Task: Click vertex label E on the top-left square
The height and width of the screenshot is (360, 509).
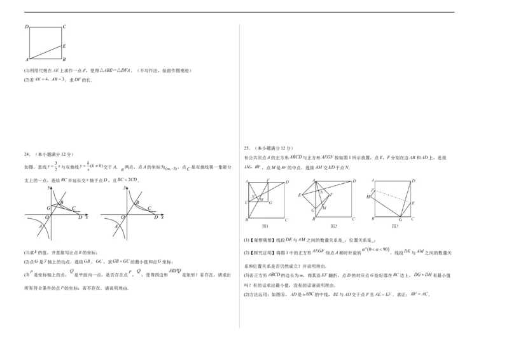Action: click(x=65, y=46)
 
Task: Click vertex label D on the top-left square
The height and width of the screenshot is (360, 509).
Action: click(x=27, y=27)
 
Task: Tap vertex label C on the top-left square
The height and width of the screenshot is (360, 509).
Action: click(x=65, y=27)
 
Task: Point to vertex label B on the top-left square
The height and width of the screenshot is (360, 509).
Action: click(x=65, y=60)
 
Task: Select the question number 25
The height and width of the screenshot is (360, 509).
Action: click(x=247, y=148)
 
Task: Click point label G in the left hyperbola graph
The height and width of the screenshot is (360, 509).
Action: click(x=48, y=208)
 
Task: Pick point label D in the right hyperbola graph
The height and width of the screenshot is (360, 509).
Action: click(x=157, y=217)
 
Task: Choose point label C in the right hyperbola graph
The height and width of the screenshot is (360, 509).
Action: click(x=150, y=208)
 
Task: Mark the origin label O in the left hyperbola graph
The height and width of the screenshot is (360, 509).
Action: click(x=47, y=217)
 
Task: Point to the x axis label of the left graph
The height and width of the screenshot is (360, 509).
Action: click(x=86, y=217)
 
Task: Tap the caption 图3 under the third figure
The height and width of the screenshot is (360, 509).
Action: click(x=394, y=226)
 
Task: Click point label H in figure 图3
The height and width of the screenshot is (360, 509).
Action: click(x=368, y=197)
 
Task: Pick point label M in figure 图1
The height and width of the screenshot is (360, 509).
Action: click(x=261, y=200)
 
